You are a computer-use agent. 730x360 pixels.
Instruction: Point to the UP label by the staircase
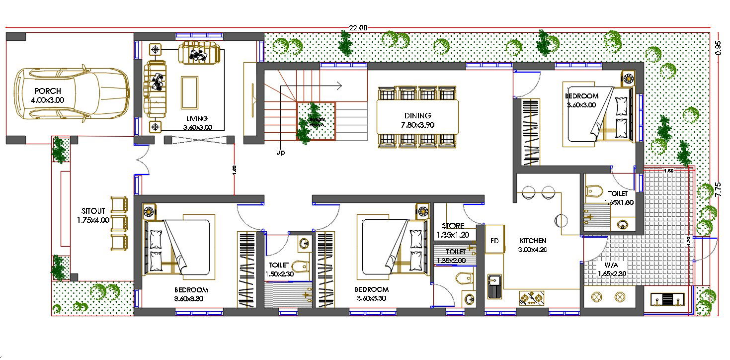(x=281, y=153)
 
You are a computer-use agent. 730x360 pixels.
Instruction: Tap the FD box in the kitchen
(x=494, y=241)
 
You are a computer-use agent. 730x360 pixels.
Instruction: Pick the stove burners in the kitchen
(x=531, y=298)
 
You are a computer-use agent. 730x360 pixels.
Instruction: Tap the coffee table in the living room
(x=189, y=92)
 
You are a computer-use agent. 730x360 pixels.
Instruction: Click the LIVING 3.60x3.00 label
(x=197, y=123)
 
